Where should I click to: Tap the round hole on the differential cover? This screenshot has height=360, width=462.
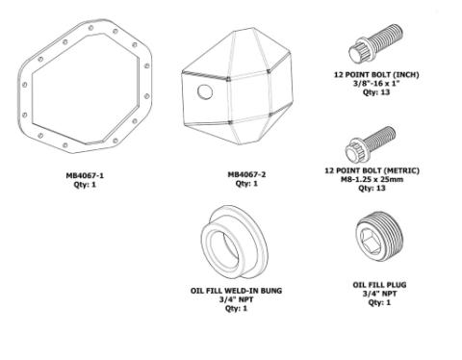tap(204, 91)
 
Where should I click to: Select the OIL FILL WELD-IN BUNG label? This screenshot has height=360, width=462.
tap(237, 290)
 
